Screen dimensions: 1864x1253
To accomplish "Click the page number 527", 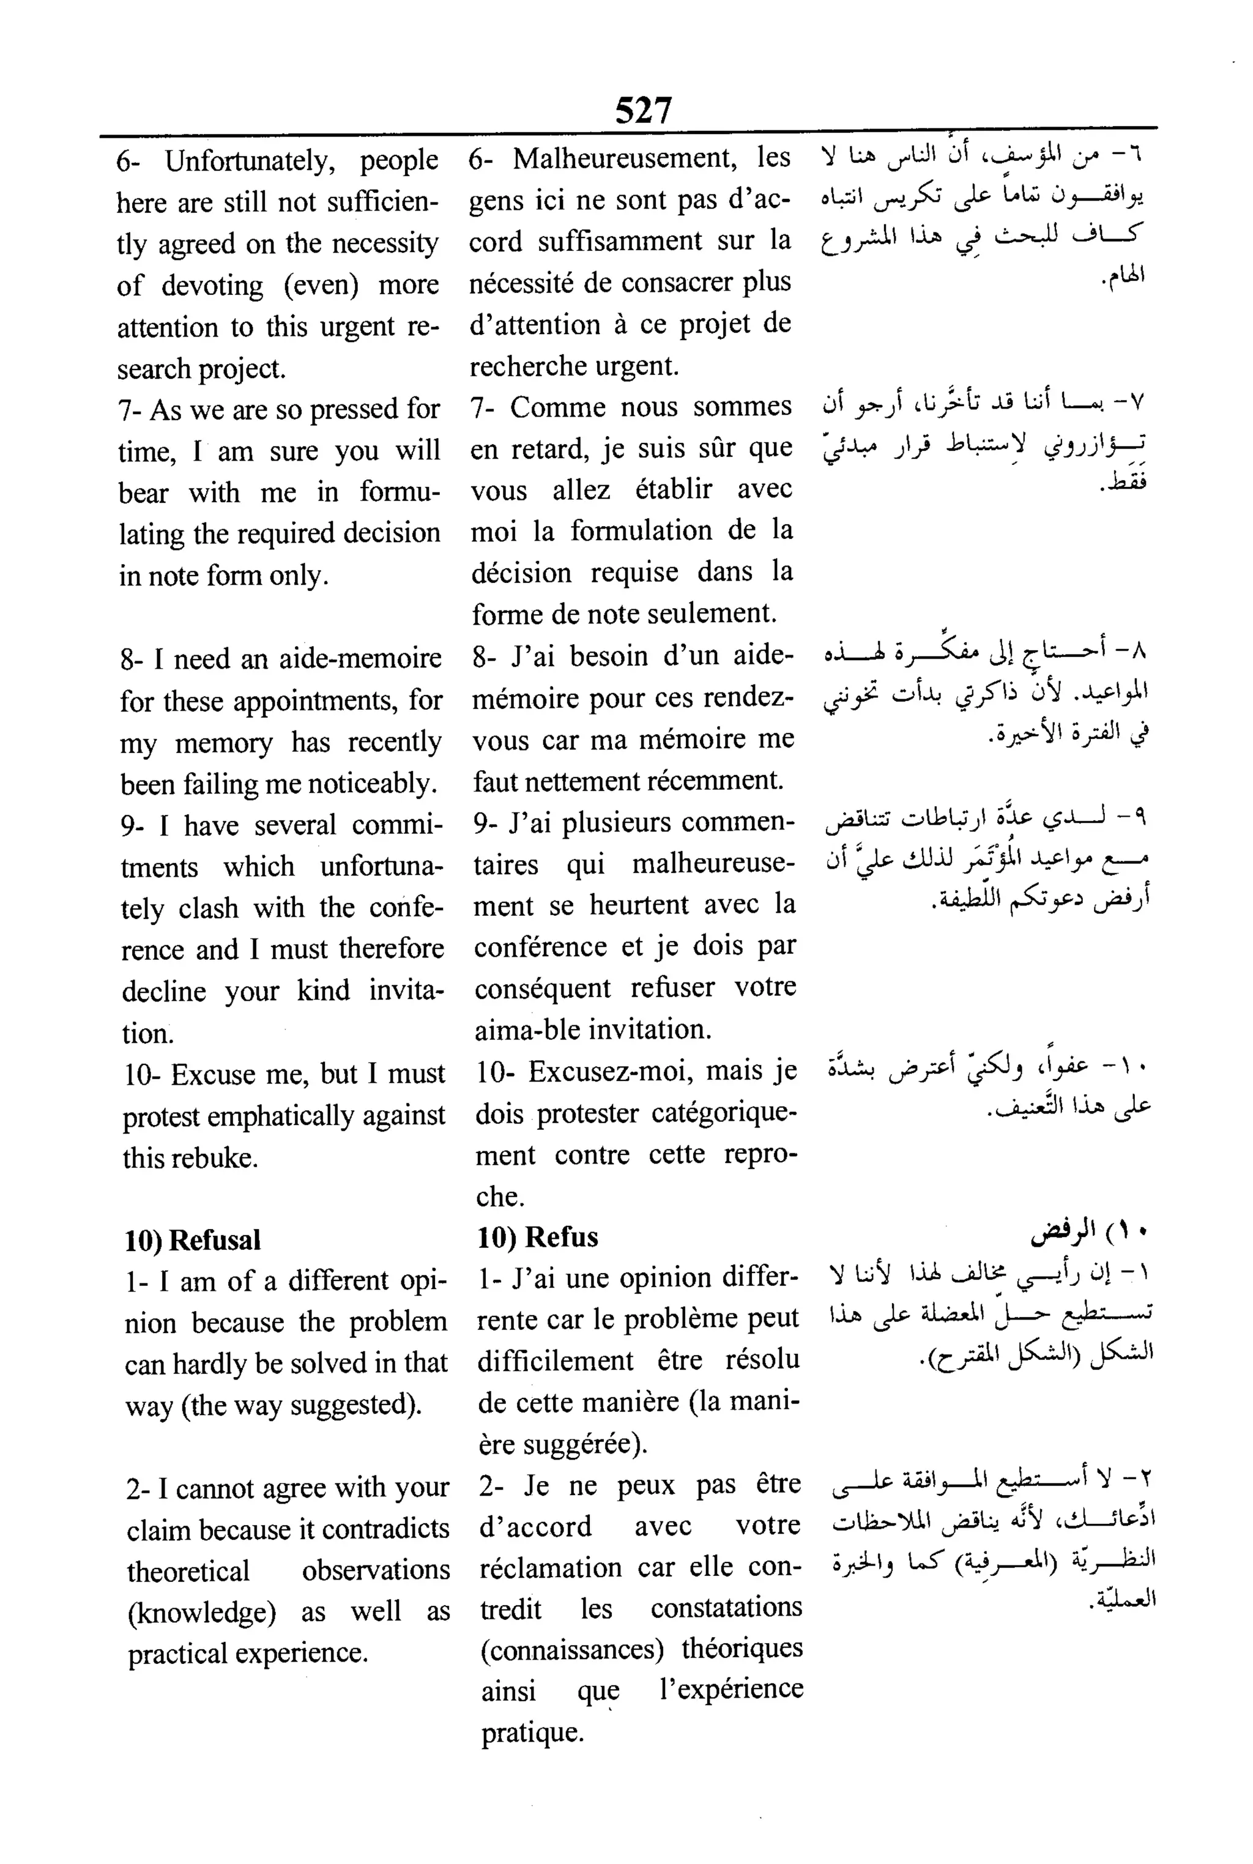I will tap(643, 110).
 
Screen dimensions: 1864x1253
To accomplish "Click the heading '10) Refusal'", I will tap(193, 1239).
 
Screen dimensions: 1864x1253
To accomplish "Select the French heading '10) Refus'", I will tap(538, 1237).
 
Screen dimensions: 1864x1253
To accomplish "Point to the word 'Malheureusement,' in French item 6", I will tap(624, 158).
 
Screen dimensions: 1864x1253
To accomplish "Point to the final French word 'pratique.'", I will tap(532, 1732).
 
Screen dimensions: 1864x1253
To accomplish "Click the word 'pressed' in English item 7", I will tap(352, 410).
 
